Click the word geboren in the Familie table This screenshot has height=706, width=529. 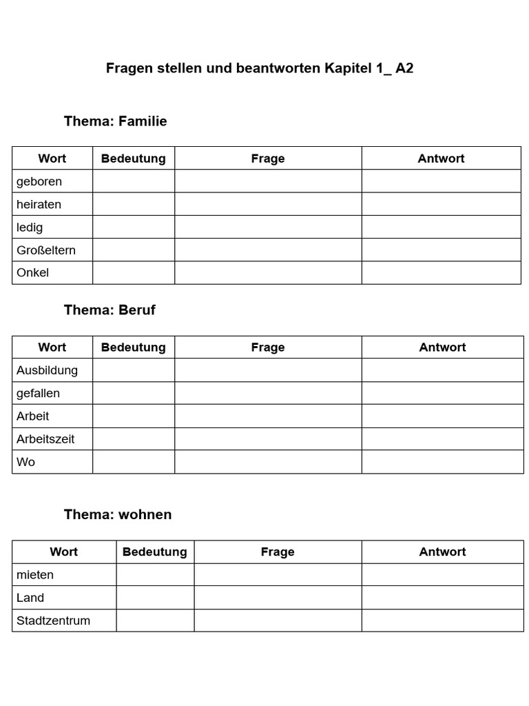coord(39,181)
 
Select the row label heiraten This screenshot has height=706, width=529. coord(39,204)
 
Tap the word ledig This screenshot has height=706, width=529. coord(30,227)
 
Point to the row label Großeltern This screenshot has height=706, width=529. coord(46,250)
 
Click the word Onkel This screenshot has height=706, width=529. coord(33,272)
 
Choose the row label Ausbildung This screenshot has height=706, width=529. coord(47,370)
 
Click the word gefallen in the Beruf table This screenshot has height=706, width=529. coord(38,393)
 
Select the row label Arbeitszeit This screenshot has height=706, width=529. coord(45,438)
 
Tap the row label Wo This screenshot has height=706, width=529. coord(25,462)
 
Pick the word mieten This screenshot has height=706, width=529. coord(35,575)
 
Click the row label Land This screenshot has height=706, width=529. coord(30,598)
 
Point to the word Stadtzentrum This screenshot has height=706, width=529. coord(53,621)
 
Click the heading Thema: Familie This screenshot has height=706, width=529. coord(115,121)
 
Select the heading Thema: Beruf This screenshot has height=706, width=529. coord(110,310)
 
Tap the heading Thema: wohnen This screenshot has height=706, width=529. coord(118,514)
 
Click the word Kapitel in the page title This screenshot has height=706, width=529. coord(348,68)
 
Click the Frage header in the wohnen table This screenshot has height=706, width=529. coord(278,552)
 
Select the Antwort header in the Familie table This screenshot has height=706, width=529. coord(441,159)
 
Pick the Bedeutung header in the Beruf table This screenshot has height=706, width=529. coord(133,347)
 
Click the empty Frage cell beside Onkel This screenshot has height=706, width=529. coord(268,272)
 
